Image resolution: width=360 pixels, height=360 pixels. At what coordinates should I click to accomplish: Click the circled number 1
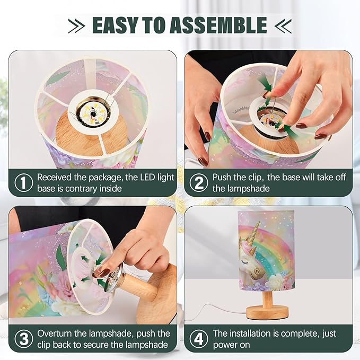click(24, 183)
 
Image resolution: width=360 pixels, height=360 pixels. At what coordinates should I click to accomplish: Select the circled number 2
click(199, 183)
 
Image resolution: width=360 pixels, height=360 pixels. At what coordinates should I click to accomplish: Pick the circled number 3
click(24, 339)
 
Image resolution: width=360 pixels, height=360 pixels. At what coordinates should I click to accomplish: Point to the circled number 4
click(199, 339)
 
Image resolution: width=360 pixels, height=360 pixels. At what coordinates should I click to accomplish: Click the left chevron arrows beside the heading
click(77, 25)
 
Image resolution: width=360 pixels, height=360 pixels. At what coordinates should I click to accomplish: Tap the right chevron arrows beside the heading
click(283, 25)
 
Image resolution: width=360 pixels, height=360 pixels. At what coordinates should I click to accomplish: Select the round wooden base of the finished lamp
click(267, 313)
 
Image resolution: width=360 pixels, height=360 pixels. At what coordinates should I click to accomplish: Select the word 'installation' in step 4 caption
click(250, 333)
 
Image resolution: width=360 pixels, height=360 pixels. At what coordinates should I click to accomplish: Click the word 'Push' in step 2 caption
click(222, 177)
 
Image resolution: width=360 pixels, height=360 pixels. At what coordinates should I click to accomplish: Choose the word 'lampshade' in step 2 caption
click(249, 189)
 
